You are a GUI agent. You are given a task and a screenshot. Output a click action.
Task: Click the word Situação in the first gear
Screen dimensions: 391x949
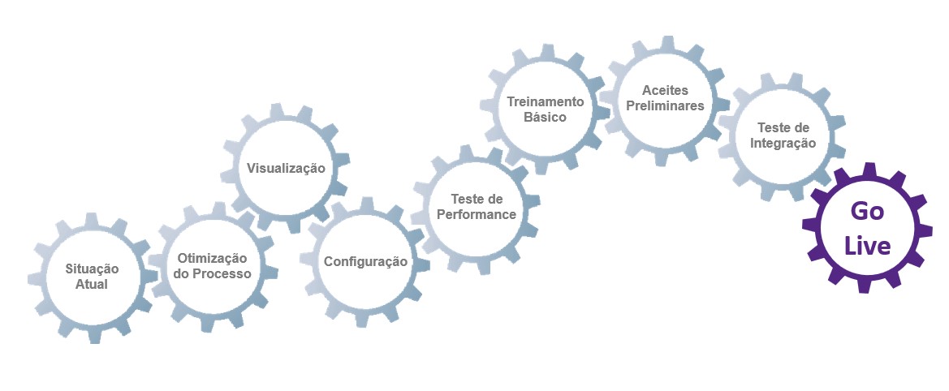(x=92, y=269)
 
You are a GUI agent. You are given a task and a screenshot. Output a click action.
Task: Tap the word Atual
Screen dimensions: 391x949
(x=92, y=285)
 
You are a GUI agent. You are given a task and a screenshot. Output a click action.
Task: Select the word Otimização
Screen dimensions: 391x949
(x=212, y=257)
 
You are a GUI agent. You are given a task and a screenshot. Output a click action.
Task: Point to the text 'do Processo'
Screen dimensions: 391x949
(x=212, y=273)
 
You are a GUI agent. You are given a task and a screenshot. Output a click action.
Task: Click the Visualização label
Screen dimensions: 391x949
(x=286, y=169)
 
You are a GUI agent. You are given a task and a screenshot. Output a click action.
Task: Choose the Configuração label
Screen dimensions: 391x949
(x=365, y=262)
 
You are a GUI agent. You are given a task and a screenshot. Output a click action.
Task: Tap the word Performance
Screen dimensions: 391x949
(x=477, y=215)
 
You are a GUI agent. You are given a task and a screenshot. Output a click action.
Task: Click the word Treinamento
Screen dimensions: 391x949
(x=546, y=101)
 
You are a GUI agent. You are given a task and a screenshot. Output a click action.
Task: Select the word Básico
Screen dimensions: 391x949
(x=546, y=118)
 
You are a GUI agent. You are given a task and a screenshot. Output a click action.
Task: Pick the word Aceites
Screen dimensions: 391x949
(x=665, y=89)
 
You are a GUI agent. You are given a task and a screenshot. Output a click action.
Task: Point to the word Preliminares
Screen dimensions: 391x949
(x=665, y=105)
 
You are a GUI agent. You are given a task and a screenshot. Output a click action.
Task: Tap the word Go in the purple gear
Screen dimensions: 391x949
(x=866, y=211)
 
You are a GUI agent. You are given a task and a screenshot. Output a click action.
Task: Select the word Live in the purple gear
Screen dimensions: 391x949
(x=867, y=246)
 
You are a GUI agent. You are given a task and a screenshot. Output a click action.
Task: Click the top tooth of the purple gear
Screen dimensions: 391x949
(x=869, y=170)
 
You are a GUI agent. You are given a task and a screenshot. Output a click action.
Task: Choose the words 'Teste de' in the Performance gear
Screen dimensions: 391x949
(x=477, y=199)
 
